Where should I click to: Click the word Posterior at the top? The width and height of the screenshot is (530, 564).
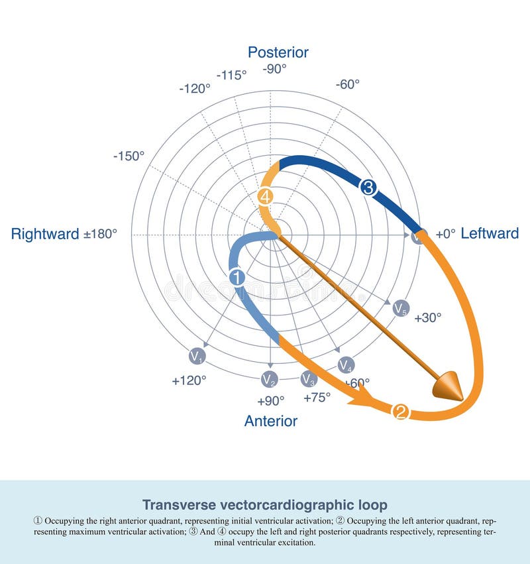click(278, 52)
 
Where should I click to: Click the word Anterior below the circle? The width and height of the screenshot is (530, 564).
click(271, 421)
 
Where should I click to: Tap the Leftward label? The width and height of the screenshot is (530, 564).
click(490, 233)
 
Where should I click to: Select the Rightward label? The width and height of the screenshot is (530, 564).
click(45, 234)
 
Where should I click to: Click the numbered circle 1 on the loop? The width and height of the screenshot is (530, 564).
click(237, 278)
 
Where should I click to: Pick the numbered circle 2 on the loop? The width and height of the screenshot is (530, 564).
click(401, 412)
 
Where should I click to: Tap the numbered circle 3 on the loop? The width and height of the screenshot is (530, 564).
click(368, 188)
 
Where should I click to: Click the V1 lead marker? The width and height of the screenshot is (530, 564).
click(197, 357)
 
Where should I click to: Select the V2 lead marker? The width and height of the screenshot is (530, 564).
click(269, 379)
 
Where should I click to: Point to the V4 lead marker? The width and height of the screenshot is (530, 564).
click(346, 365)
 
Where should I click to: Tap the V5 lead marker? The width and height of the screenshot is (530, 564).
click(401, 308)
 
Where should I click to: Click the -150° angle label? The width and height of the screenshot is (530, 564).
click(129, 156)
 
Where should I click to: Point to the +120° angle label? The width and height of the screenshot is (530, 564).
click(189, 381)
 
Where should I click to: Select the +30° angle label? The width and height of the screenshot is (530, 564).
click(427, 318)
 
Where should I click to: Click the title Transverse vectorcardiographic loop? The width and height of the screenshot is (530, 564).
click(265, 504)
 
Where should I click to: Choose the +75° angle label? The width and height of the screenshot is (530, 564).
click(317, 398)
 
